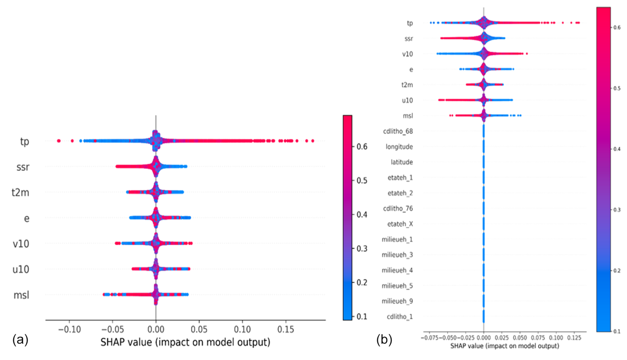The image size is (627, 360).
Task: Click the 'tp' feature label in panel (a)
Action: [x=25, y=141]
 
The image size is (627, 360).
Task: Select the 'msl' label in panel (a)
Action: [x=21, y=295]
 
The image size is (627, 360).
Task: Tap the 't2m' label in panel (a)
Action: [x=20, y=192]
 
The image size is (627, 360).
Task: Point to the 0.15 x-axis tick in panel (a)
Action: [x=286, y=330]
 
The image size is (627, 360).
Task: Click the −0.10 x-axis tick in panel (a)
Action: [x=69, y=330]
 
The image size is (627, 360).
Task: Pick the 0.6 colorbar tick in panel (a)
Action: [x=362, y=146]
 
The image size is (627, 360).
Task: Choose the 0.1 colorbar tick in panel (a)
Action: [x=362, y=316]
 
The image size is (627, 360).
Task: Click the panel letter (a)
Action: [x=20, y=340]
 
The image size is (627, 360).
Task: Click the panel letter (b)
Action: [x=384, y=340]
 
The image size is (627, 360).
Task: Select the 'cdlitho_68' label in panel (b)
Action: [x=398, y=131]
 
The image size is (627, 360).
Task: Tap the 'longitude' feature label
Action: [x=399, y=147]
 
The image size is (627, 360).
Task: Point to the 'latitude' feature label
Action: [x=402, y=162]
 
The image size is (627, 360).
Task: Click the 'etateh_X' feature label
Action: [x=400, y=224]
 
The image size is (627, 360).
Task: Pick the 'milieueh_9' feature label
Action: [x=397, y=301]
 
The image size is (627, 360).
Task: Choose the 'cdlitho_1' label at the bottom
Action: [x=400, y=317]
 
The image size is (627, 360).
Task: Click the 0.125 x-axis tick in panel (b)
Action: [x=574, y=338]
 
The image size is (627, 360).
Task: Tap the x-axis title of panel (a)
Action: [x=185, y=342]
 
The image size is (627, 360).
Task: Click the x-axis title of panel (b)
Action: [x=504, y=346]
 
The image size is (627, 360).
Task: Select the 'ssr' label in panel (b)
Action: [x=409, y=39]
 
